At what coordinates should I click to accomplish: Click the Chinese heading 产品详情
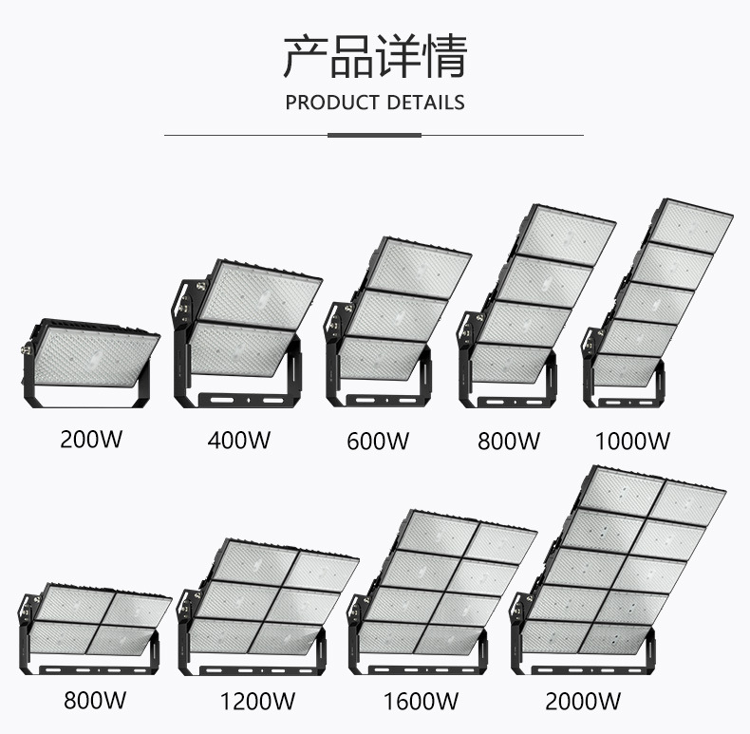[x=375, y=56]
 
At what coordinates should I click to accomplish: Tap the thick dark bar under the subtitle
[x=374, y=135]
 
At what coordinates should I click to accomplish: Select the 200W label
[x=91, y=441]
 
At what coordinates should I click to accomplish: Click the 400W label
[x=238, y=441]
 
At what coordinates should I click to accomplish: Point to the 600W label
[x=377, y=441]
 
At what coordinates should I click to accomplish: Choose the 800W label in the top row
[x=508, y=441]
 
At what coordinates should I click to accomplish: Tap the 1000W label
[x=632, y=441]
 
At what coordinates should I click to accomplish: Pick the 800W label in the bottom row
[x=95, y=702]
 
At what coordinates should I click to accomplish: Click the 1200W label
[x=257, y=703]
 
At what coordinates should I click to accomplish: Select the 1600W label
[x=421, y=703]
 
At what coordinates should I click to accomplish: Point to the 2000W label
[x=584, y=703]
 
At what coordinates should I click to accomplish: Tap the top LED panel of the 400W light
[x=258, y=295]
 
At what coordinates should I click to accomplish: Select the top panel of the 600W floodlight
[x=418, y=270]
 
